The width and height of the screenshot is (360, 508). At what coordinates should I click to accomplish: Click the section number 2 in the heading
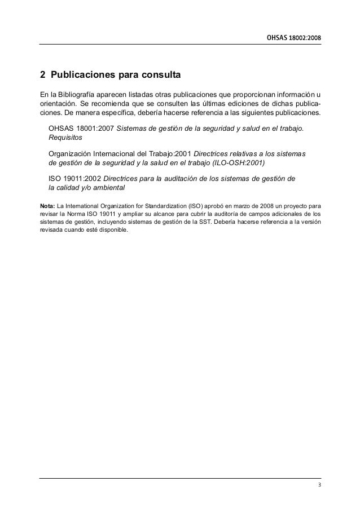coord(42,74)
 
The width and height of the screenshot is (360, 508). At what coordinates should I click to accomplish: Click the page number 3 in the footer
coord(319,486)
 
